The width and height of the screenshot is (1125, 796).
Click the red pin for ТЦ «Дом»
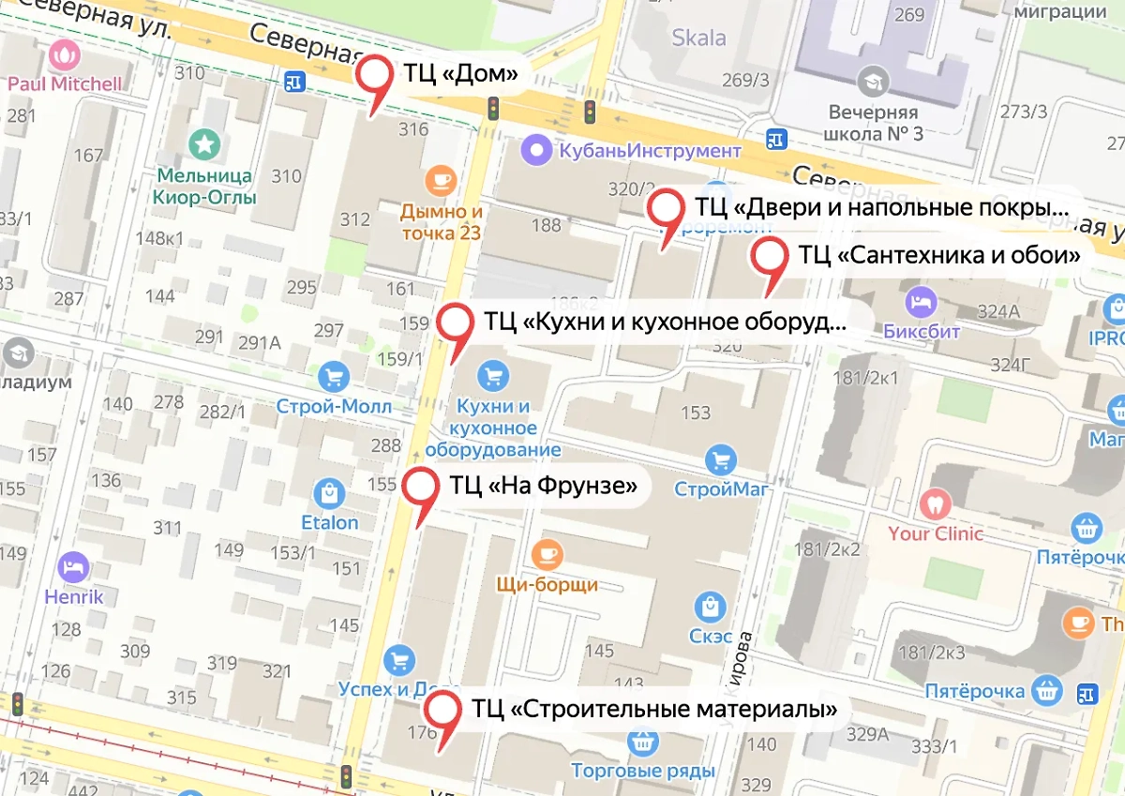coord(378,76)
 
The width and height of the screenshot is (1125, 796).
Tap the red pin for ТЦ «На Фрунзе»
coord(420,488)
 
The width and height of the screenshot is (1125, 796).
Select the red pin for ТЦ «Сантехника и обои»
coord(771,257)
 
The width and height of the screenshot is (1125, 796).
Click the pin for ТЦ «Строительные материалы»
coord(442,711)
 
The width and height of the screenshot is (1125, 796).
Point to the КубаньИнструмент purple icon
coord(536,148)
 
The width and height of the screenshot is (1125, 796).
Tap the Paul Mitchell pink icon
coord(65,55)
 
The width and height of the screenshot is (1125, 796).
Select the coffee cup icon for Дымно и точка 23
coord(440,180)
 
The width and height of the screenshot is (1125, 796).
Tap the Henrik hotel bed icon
coord(72,567)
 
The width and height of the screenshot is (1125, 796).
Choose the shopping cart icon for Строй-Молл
coord(334,378)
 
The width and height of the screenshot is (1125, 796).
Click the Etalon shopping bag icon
coord(329,492)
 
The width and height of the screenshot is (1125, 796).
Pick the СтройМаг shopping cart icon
coord(720,460)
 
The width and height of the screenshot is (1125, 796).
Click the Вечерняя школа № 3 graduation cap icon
coord(874,81)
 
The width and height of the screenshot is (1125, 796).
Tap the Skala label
coord(699,38)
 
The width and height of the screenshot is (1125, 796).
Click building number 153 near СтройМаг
coord(696,413)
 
